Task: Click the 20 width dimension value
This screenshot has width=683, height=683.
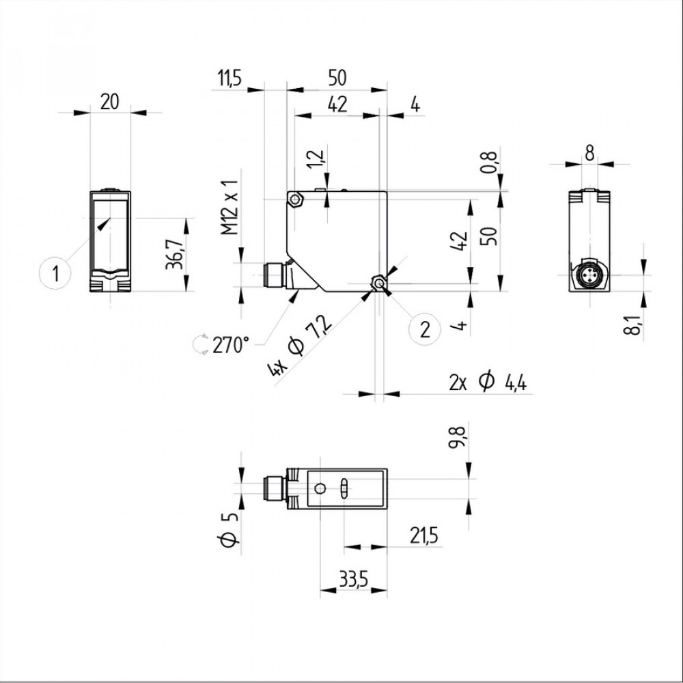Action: coord(110,102)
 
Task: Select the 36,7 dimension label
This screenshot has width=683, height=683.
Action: coord(177,255)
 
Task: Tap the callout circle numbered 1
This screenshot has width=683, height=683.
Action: coord(57,273)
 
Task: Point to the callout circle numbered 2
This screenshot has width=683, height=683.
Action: coord(425,329)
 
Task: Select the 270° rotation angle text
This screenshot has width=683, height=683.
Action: coord(231,345)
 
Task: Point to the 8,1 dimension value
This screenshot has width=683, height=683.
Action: coord(635,320)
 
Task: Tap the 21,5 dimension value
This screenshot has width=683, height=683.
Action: coord(424,536)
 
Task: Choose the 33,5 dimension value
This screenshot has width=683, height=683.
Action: coord(354,580)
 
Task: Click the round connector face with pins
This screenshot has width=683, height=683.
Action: coord(588,275)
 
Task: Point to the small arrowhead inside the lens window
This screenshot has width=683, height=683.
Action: coord(103,225)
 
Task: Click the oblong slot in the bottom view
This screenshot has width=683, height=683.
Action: coord(344,489)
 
